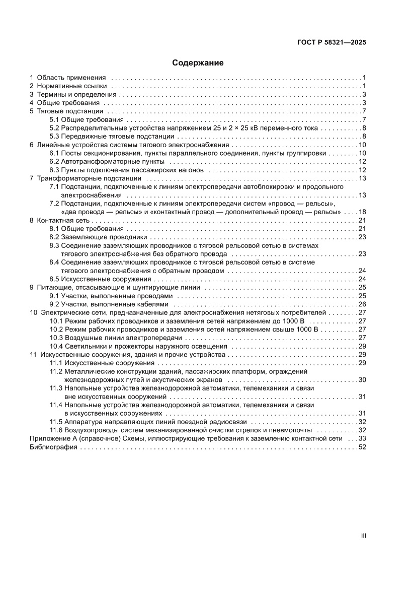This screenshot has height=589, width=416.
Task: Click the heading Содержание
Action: (x=198, y=63)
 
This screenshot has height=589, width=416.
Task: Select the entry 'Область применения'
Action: (x=71, y=78)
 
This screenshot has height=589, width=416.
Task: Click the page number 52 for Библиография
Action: (x=362, y=447)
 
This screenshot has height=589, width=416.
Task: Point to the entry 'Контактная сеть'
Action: (x=63, y=220)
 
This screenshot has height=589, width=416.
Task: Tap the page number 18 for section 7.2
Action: (x=362, y=212)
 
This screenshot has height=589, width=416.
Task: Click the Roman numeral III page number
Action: (x=364, y=536)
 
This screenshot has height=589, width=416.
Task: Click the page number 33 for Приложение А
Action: (x=362, y=438)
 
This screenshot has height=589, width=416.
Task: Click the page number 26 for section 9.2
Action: (x=362, y=304)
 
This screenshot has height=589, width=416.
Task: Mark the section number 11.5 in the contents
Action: (x=56, y=422)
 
